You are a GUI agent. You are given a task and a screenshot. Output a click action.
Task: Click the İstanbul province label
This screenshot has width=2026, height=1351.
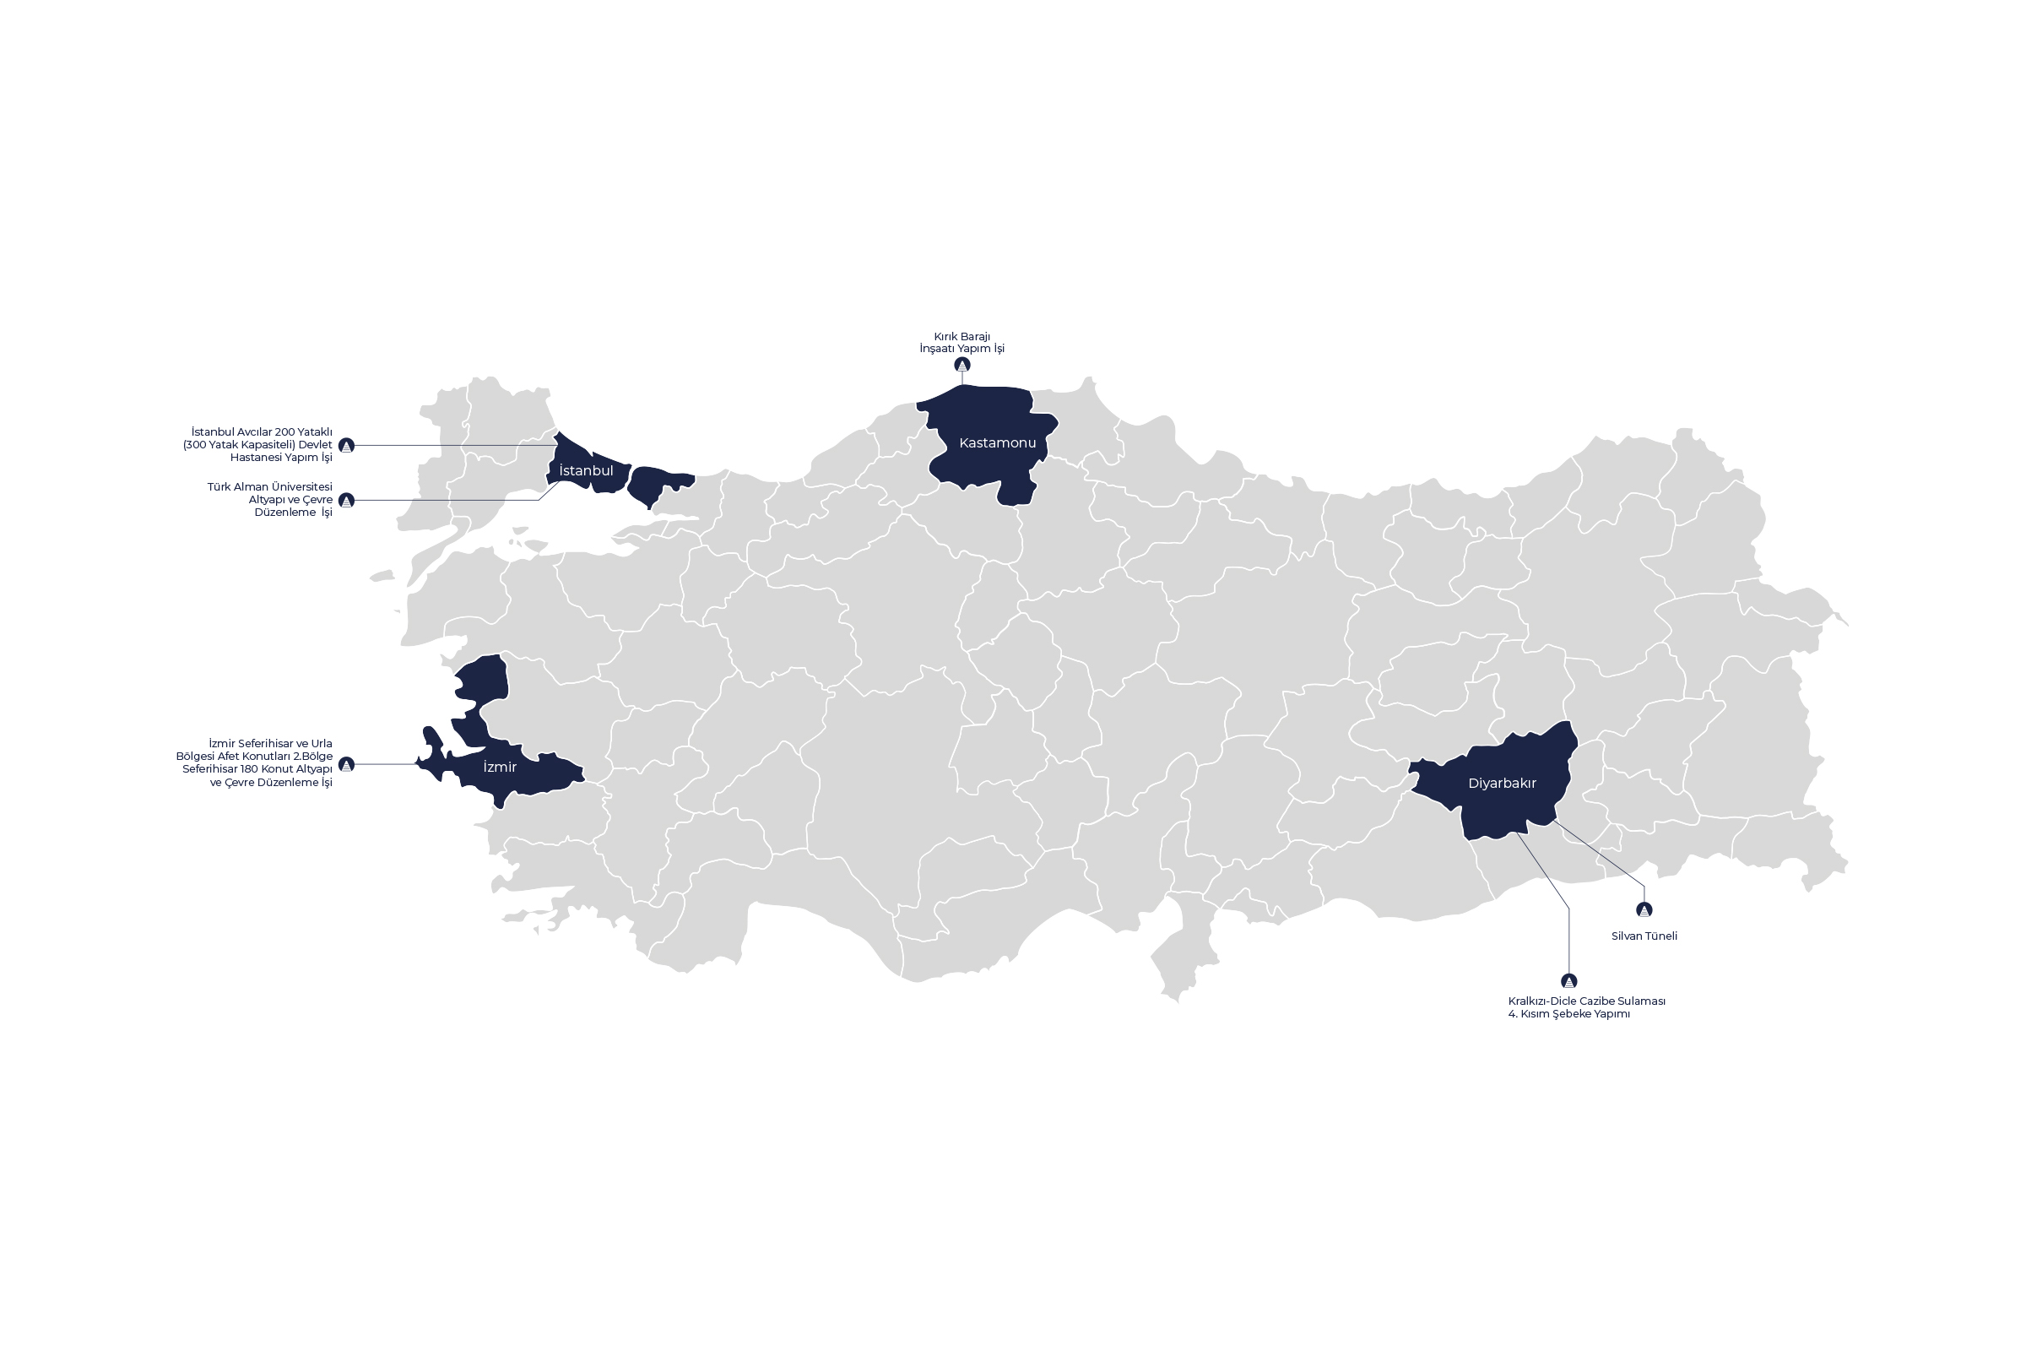586,471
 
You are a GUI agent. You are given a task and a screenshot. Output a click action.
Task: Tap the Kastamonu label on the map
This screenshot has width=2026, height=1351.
998,442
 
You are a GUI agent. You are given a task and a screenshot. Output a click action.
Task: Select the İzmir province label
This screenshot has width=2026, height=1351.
500,767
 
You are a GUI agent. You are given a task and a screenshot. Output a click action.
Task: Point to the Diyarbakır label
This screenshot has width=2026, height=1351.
1503,784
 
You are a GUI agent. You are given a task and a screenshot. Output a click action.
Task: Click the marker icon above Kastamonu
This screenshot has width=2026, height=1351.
962,366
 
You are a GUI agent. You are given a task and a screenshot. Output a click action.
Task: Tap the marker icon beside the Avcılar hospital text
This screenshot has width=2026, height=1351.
346,446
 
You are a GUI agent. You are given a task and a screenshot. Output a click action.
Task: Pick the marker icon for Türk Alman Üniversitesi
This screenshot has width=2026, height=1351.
346,501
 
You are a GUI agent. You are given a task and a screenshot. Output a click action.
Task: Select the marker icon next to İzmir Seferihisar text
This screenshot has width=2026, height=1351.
346,764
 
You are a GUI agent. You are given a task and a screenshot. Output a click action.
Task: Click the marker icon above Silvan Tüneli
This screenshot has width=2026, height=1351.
1644,910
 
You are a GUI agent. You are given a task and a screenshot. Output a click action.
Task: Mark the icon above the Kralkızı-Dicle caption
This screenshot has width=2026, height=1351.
1568,981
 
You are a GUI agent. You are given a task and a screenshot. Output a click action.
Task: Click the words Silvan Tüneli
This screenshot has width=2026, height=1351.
1644,936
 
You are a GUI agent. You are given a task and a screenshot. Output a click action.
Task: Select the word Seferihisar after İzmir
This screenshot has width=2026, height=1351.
267,744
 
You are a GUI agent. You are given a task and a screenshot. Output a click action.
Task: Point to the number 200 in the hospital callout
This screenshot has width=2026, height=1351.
286,432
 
